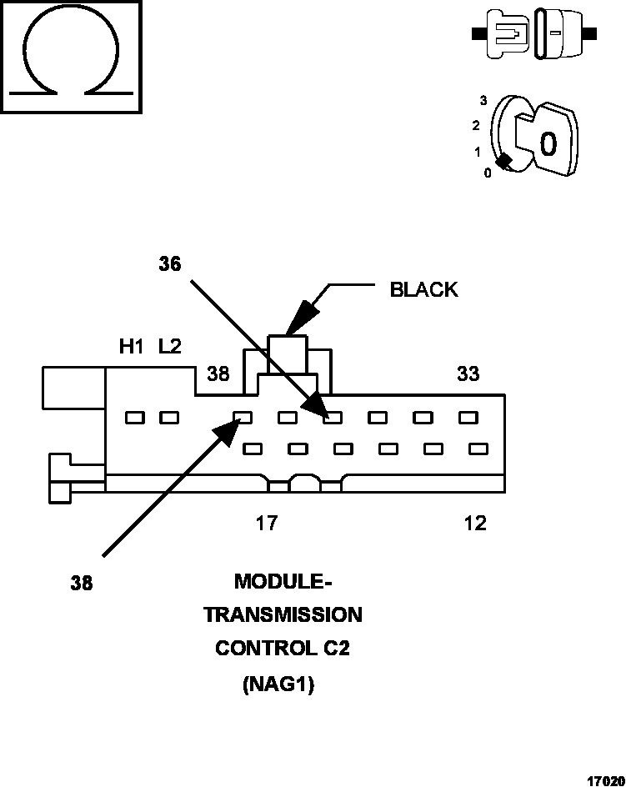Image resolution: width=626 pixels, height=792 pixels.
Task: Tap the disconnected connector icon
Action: pyautogui.click(x=533, y=34)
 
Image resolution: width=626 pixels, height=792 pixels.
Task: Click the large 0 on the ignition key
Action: pyautogui.click(x=548, y=144)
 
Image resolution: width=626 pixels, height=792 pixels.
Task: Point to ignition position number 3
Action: pyautogui.click(x=483, y=101)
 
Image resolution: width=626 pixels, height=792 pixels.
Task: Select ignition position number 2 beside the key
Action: pyautogui.click(x=476, y=126)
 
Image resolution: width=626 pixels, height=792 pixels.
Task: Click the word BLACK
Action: pyautogui.click(x=423, y=289)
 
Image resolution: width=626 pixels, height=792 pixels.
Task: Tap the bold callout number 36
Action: pyautogui.click(x=170, y=264)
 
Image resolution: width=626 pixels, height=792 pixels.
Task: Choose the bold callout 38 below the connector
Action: pyautogui.click(x=82, y=584)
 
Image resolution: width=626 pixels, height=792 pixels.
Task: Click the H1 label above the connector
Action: pyautogui.click(x=132, y=347)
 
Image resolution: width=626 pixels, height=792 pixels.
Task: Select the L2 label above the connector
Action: pyautogui.click(x=170, y=347)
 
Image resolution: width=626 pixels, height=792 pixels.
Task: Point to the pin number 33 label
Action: pyautogui.click(x=468, y=374)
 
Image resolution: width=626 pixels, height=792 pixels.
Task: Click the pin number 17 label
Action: pyautogui.click(x=266, y=524)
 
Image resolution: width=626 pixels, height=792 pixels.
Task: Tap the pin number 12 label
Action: pyautogui.click(x=474, y=524)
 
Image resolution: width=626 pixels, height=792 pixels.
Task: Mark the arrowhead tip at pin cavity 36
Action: pyautogui.click(x=323, y=414)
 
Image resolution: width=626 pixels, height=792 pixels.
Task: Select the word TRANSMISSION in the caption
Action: pyautogui.click(x=283, y=615)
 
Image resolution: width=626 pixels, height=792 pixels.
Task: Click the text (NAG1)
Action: pyautogui.click(x=278, y=685)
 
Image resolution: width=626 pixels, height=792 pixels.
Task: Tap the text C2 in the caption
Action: pyautogui.click(x=336, y=649)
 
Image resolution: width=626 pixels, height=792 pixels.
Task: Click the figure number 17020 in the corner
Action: pyautogui.click(x=605, y=782)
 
